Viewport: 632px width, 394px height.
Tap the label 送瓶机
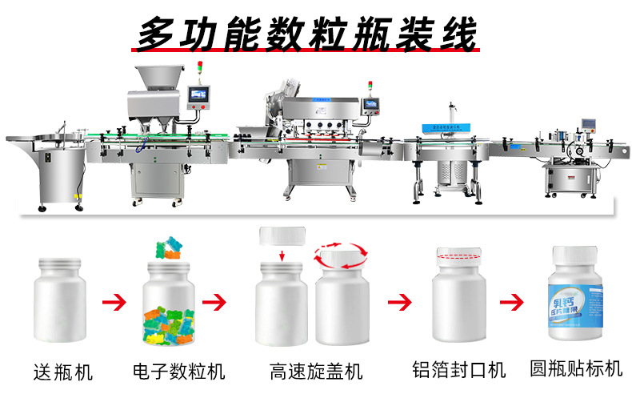coord(63,372)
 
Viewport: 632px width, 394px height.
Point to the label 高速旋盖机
coord(316,372)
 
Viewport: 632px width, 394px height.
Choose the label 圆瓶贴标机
coord(576,368)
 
